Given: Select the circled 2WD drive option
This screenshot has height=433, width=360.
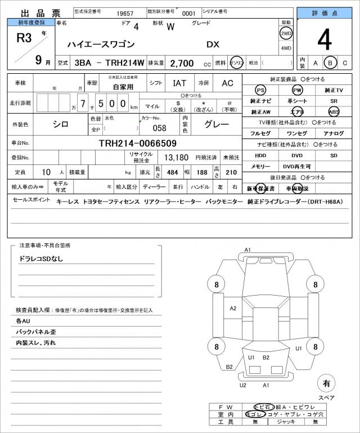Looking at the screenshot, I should coord(286,33).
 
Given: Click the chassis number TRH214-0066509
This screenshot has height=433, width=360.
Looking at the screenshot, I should coord(137,143).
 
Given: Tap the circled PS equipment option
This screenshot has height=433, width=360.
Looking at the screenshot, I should coord(260,90).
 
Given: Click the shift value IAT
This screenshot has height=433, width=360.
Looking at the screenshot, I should coord(179,83).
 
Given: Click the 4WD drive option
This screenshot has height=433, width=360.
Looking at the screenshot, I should coord(286,48).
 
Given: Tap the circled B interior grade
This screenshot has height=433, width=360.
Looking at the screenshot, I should coord(331,63).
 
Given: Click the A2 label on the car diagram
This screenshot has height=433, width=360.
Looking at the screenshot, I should coord(233,308).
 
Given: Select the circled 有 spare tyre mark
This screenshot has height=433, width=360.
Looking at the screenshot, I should coord(325,384).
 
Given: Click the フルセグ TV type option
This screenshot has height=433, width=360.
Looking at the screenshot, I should coord(260,133).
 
